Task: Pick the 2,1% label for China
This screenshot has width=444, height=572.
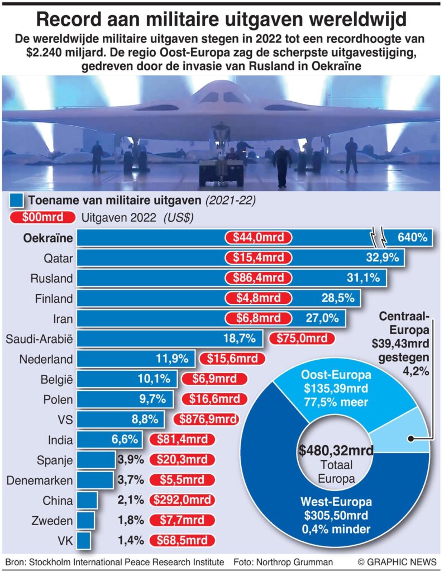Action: click(132, 500)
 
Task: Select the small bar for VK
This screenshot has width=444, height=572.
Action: click(84, 540)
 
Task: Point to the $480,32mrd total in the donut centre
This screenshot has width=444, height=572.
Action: click(336, 450)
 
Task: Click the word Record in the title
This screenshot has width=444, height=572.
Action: click(72, 21)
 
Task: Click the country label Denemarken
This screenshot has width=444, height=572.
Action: click(39, 480)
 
